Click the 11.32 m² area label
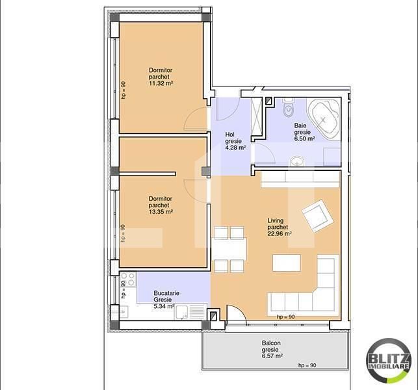pos(161,83)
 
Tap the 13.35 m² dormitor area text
pos(161,212)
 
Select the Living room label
pos(276,220)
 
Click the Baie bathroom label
pos(300,125)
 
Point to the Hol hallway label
pos(229,135)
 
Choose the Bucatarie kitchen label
pos(166,293)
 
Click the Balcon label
pos(271,343)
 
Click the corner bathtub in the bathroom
pos(323,118)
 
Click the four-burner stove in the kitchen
pos(128,279)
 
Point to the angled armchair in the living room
pos(318,216)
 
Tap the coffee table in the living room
pos(286,263)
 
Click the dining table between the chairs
pos(229,250)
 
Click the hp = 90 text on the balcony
pos(307,365)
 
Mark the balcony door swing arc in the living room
pos(238,313)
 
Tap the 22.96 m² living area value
pos(280,233)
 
